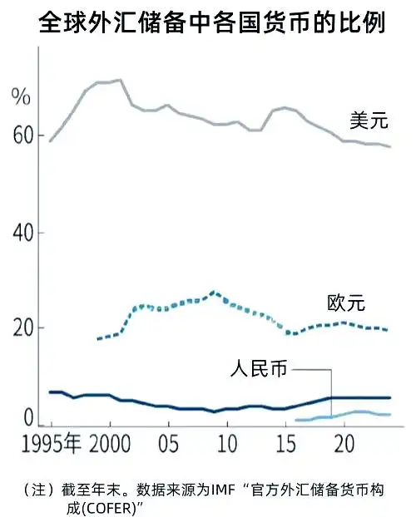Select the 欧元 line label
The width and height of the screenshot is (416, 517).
coord(346,303)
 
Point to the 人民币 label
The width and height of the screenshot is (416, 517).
coord(259,367)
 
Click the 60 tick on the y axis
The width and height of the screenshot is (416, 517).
coord(24,135)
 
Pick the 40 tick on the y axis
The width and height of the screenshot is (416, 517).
coord(24,234)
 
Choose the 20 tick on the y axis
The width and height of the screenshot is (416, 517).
coord(24,327)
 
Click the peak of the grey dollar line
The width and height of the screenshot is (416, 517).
coord(121,80)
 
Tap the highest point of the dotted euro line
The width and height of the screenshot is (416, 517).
coord(215,292)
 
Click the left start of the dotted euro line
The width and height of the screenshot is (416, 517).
coord(98,339)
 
